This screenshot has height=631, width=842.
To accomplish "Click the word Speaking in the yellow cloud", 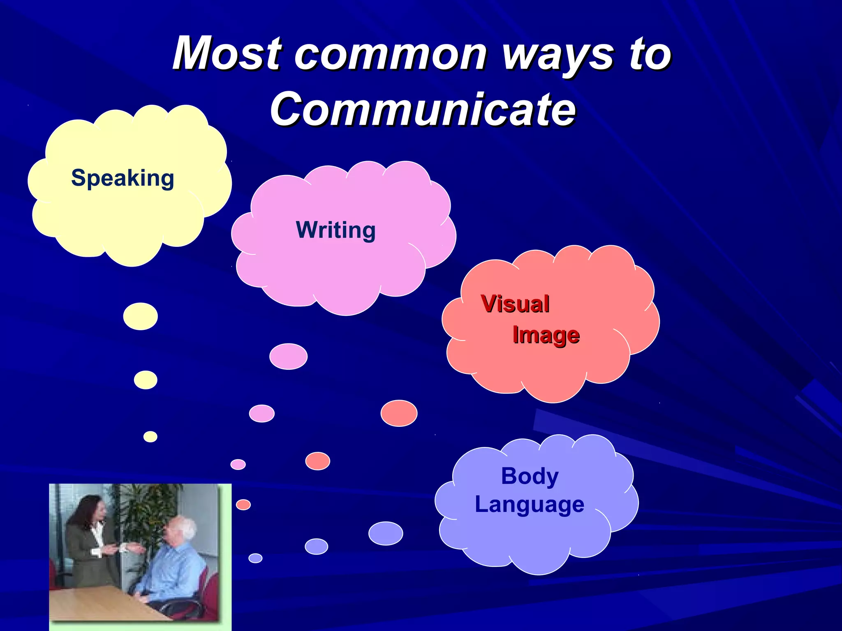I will point(123,178).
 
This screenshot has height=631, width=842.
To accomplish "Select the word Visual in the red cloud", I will point(515,304).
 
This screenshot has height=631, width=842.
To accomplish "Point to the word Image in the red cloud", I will point(546,335).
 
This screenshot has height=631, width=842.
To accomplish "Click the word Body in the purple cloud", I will point(530,476).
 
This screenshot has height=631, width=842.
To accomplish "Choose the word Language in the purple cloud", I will point(530,504).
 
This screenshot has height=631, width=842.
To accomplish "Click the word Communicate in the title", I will point(423,109).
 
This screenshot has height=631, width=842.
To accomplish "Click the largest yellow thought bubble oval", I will point(141,316).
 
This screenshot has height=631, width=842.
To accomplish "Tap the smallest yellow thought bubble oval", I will point(150,437).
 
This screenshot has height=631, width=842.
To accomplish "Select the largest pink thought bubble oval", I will point(288,357).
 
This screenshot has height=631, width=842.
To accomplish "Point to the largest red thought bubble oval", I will point(399,413).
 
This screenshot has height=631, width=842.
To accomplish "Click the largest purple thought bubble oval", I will point(386,533).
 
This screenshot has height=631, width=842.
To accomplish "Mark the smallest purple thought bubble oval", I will point(255,558).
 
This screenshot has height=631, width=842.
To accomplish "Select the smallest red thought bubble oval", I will point(243,504).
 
